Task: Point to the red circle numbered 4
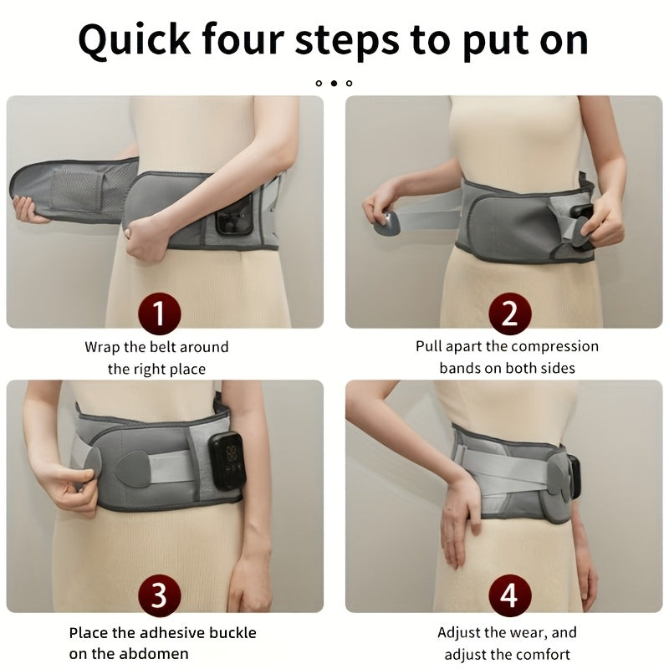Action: (508, 596)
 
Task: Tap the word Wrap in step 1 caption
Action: (103, 346)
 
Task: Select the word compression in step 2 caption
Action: (555, 346)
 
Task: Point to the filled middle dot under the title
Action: (334, 83)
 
